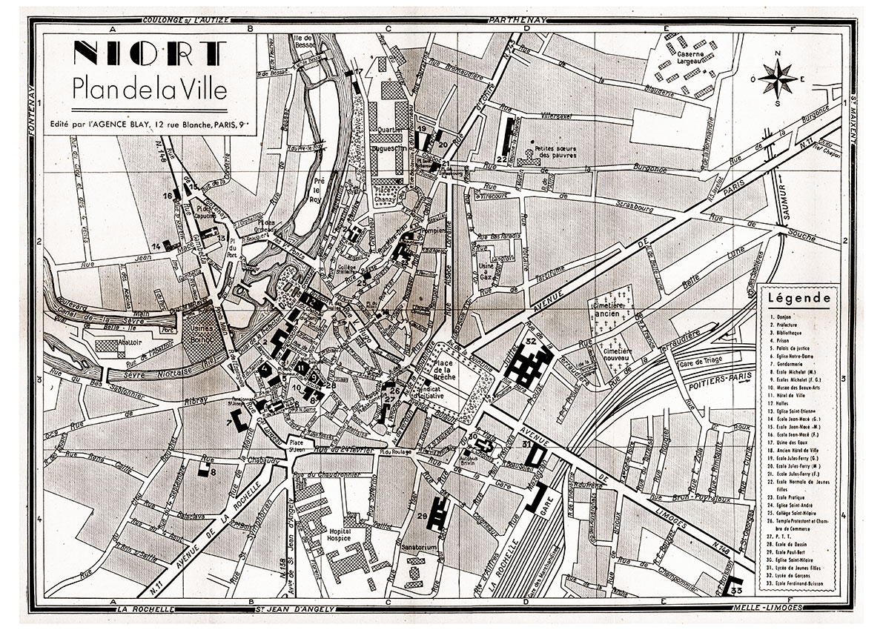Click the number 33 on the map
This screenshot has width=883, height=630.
coord(736,591)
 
